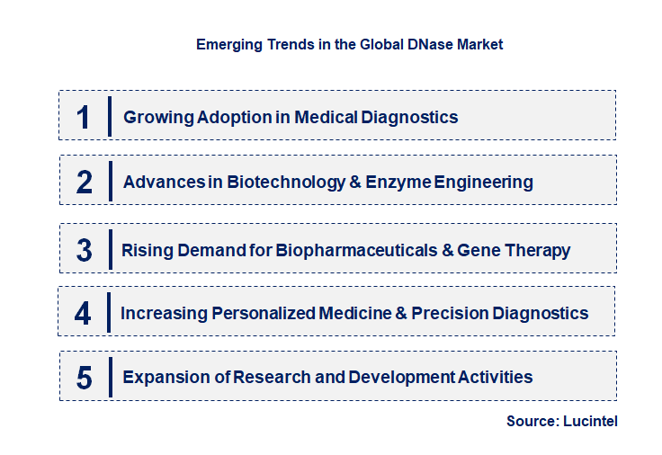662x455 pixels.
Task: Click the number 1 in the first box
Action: click(x=83, y=117)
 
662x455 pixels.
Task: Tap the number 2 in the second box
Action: click(x=85, y=183)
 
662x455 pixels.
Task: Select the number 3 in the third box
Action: click(x=85, y=250)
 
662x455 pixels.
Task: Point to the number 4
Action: click(x=84, y=314)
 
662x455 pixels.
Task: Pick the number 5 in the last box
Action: click(x=85, y=378)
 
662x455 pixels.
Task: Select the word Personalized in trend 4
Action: click(x=264, y=314)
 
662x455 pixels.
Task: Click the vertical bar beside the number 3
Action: click(x=109, y=248)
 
